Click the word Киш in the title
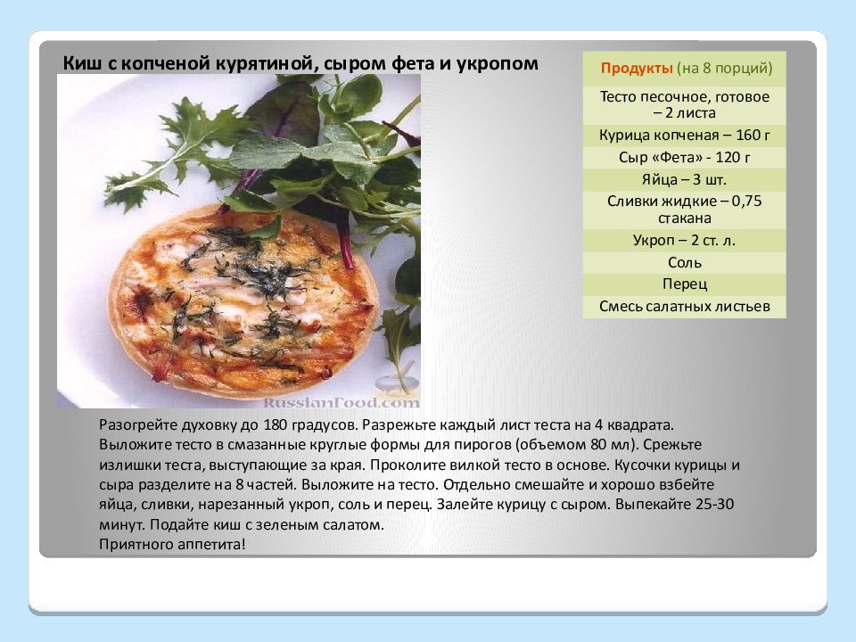[x=81, y=63]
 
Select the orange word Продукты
[x=637, y=69]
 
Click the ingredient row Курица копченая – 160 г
[x=684, y=136]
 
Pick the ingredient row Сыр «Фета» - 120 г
[x=684, y=158]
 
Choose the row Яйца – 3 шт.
[x=684, y=179]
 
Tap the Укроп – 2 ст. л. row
[x=684, y=240]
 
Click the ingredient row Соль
[x=684, y=262]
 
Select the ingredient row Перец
[x=684, y=284]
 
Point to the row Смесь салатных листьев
[x=684, y=306]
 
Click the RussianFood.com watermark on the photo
[x=342, y=403]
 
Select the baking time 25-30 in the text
[x=714, y=504]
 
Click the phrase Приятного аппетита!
[x=172, y=544]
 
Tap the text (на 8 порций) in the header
[x=724, y=69]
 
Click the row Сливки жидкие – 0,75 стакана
[x=684, y=210]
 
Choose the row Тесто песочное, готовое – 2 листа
[x=684, y=105]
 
